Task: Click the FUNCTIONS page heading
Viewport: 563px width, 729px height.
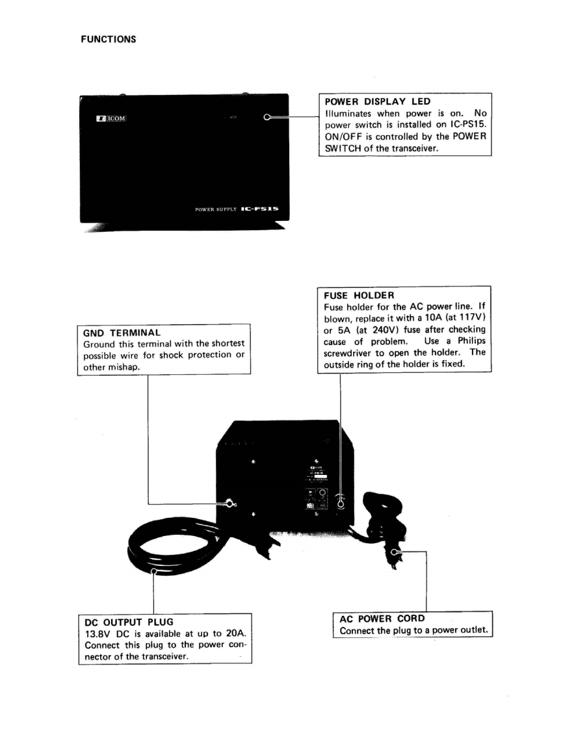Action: (109, 39)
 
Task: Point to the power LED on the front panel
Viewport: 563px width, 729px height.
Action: (267, 118)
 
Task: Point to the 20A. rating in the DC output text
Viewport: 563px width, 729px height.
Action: (237, 633)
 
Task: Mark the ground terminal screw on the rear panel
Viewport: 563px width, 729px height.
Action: (229, 503)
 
